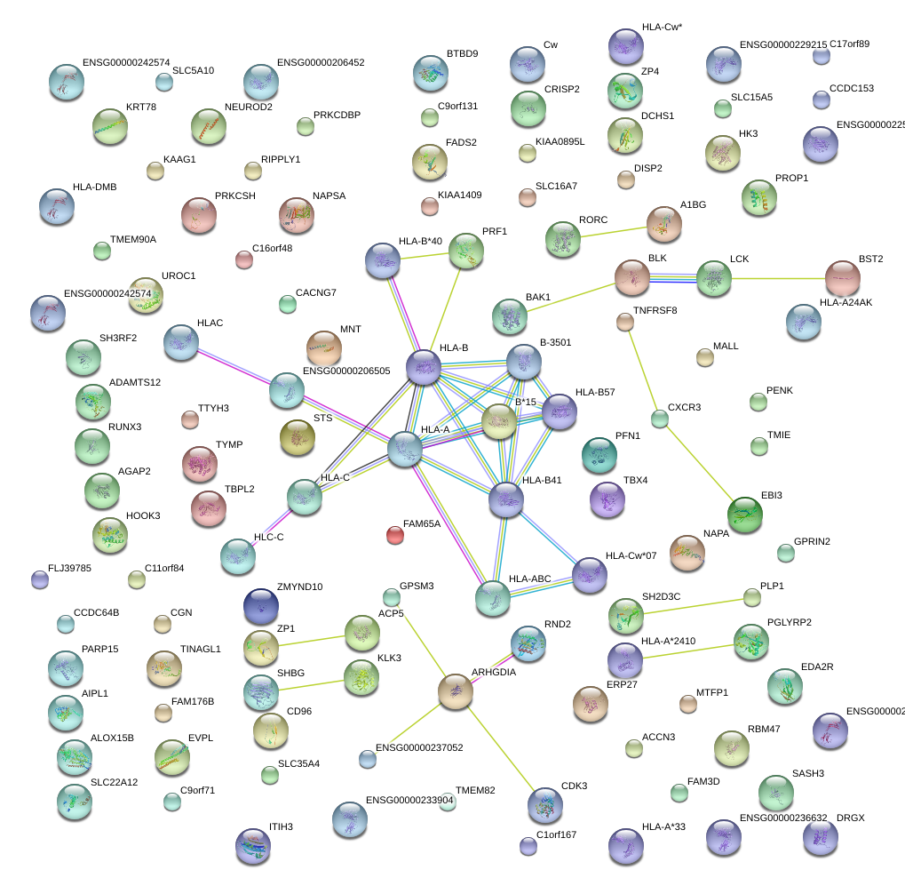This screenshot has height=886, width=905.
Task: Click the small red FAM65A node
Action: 395,534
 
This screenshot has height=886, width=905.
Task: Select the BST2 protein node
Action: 842,278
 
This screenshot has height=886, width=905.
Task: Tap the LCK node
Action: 713,278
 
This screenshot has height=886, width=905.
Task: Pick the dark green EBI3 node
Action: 744,515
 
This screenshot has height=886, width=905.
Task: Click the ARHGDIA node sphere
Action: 456,690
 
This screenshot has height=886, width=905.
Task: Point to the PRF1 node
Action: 465,251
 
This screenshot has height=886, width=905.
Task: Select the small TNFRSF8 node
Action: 624,322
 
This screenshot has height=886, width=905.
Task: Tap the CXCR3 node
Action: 659,418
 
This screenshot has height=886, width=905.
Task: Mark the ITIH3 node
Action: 252,845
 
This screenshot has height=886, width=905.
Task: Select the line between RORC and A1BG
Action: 613,231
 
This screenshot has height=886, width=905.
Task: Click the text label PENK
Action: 779,390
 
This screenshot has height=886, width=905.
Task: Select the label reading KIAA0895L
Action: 560,141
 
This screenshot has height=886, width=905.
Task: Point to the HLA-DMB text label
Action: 94,188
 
